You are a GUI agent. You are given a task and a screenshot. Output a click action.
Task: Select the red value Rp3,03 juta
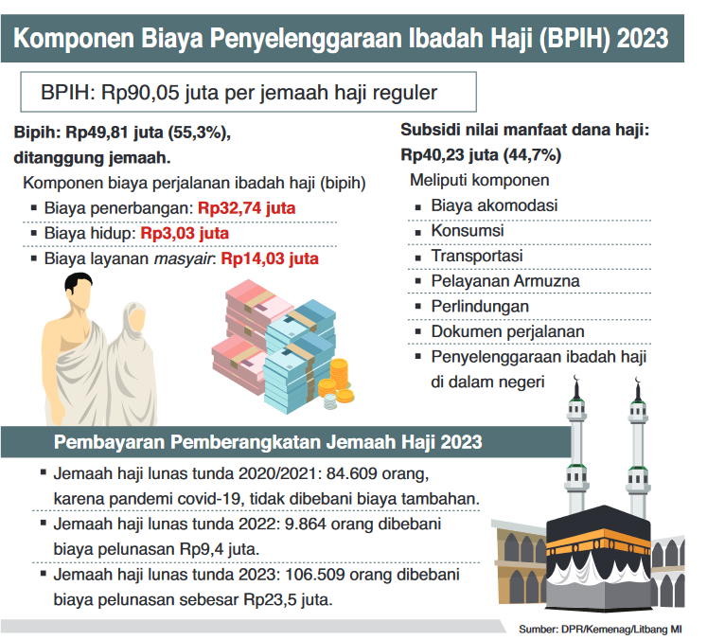coord(185,233)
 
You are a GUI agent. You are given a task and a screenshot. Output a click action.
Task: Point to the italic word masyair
coord(186,258)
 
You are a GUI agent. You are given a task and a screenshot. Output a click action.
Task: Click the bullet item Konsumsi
coord(467,230)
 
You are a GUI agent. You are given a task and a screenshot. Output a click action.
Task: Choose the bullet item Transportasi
coord(477,256)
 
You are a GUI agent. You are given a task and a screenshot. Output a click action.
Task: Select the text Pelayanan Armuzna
coord(505,281)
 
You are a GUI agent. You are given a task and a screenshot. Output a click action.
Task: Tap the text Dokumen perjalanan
coord(507,332)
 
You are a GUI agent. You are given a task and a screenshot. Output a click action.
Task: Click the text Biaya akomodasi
coord(494,205)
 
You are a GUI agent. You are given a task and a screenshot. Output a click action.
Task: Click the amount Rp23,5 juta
coord(283,598)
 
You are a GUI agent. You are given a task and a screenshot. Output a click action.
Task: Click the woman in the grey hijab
coord(130,350)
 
